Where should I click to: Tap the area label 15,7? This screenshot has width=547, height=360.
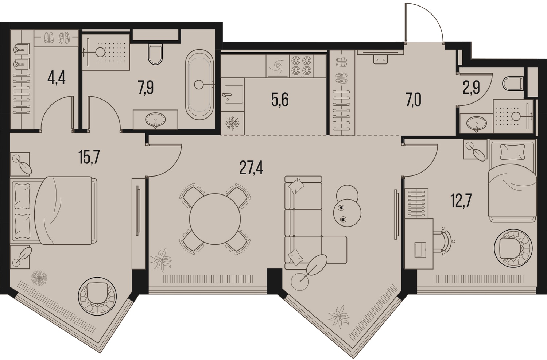click(89, 157)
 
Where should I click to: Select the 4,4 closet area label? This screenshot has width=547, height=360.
click(57, 78)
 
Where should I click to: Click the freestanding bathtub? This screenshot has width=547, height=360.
click(199, 85)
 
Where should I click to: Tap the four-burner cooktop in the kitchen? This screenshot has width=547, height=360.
click(301, 65)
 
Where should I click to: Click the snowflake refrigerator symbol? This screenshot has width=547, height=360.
click(233, 123)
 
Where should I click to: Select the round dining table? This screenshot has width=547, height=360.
click(215, 219)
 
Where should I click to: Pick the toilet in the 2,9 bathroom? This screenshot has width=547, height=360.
click(512, 83)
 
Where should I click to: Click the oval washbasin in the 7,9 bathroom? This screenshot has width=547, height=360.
click(155, 120)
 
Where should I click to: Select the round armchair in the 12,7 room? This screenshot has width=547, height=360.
click(513, 248)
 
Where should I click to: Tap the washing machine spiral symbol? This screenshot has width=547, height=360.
click(278, 66)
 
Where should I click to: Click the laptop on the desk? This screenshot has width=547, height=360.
click(420, 249)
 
